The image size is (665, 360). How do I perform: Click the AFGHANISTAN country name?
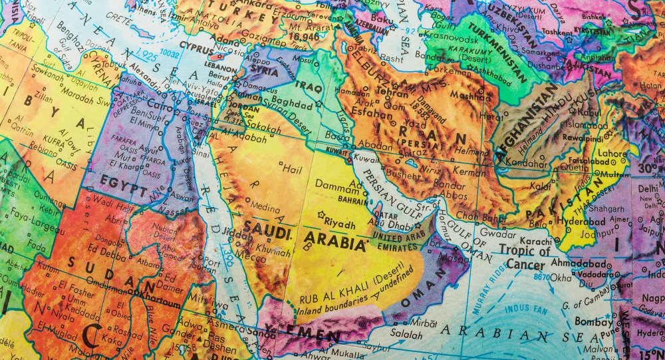point(525,122)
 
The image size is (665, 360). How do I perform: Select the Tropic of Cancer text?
point(525,258)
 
